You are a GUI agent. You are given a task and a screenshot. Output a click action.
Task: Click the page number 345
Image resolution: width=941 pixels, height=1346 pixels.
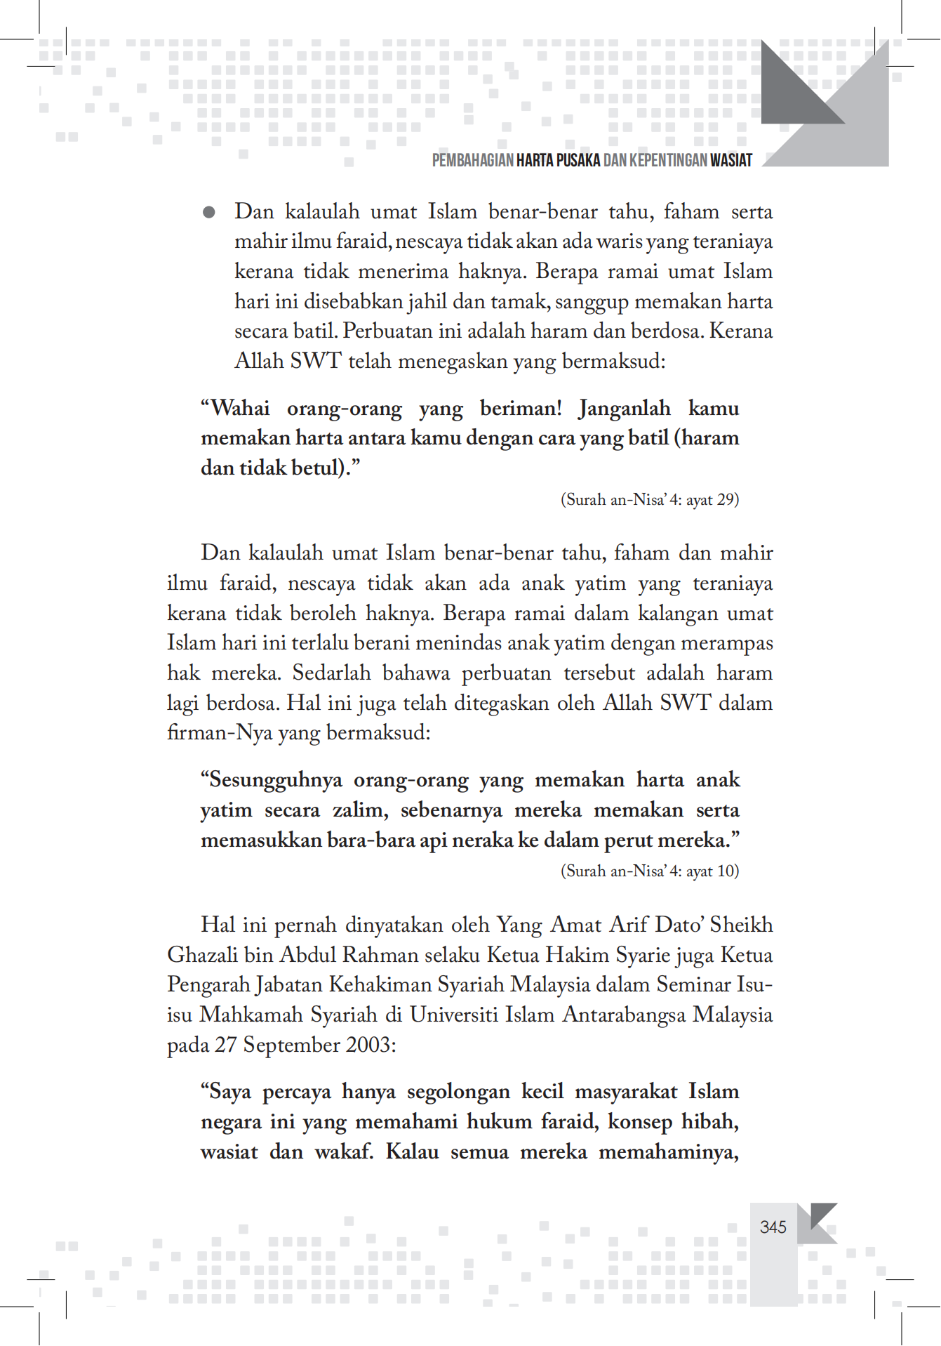(773, 1227)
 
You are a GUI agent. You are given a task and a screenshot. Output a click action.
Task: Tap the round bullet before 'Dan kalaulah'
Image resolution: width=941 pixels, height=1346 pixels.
(208, 212)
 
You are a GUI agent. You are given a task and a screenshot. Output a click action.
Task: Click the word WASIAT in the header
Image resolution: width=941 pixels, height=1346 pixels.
(730, 161)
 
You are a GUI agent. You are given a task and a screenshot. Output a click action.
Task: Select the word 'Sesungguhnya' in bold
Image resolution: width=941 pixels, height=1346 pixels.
(275, 780)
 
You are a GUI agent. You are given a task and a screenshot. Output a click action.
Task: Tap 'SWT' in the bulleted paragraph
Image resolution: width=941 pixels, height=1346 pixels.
(315, 361)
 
